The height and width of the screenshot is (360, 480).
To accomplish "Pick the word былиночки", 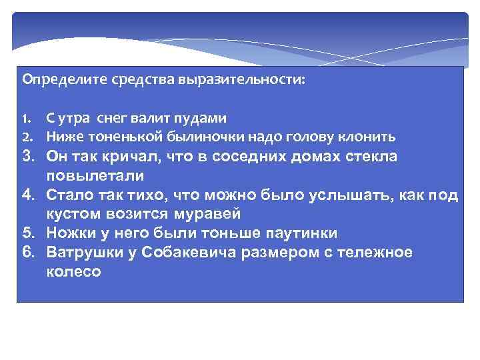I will point(186,137).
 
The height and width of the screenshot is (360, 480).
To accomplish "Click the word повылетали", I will point(95,175).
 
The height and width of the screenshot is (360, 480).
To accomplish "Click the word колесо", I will point(74,272).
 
